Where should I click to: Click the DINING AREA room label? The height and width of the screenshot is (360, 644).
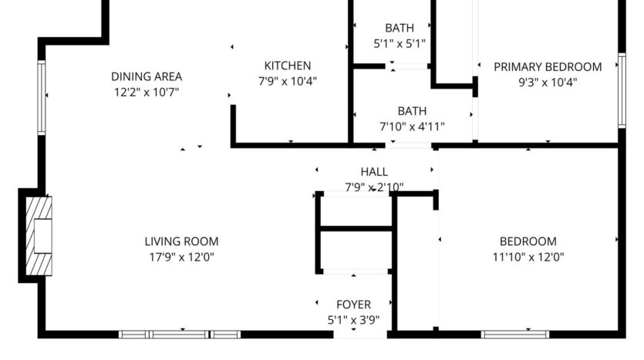(x=147, y=76)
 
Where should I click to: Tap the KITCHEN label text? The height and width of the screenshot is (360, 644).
(x=288, y=66)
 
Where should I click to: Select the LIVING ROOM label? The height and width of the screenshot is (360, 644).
(x=181, y=241)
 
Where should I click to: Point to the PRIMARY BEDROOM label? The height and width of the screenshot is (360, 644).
(x=548, y=66)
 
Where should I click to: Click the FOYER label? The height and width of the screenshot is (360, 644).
(x=353, y=304)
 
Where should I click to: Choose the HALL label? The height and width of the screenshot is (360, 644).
(x=374, y=172)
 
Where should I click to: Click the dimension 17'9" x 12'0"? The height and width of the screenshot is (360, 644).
(x=181, y=257)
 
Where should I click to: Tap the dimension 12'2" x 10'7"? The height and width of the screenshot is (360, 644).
(x=147, y=93)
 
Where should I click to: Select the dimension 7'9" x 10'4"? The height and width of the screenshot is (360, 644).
(x=288, y=81)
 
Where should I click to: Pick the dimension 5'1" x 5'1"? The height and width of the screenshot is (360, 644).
(x=400, y=44)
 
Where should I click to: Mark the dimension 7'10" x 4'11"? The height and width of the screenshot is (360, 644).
(x=412, y=126)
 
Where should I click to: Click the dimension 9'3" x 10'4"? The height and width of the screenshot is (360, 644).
(x=548, y=82)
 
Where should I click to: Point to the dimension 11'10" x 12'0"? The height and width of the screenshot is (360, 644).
(x=528, y=257)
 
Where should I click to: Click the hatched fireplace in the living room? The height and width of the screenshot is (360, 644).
(x=39, y=237)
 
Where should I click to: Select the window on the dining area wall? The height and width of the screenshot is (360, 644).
(x=42, y=98)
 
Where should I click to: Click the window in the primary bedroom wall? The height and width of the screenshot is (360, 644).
(x=621, y=90)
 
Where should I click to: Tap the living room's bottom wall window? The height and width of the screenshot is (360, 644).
(x=180, y=335)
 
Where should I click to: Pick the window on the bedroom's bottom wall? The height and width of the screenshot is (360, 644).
(x=515, y=335)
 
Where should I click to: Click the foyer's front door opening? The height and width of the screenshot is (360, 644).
(x=354, y=335)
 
